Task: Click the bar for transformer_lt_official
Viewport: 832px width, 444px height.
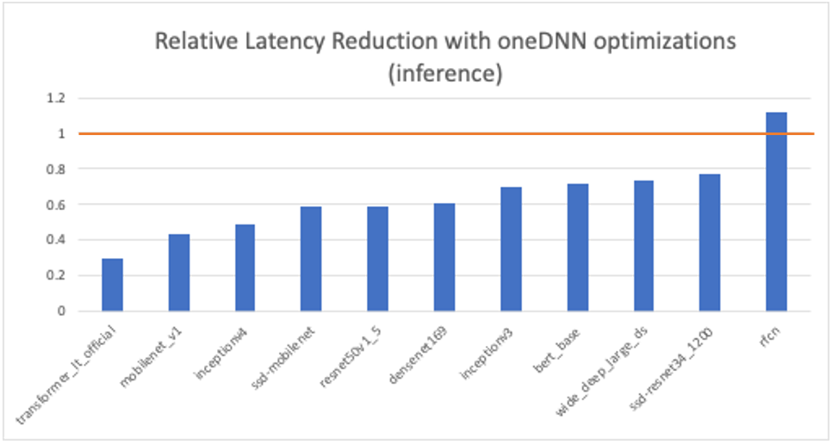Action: (112, 285)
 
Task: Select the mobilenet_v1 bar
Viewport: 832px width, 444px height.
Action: (178, 273)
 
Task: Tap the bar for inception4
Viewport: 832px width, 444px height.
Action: (245, 268)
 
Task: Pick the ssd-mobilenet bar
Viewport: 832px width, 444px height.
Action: (311, 259)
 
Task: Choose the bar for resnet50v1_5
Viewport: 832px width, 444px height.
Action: (377, 259)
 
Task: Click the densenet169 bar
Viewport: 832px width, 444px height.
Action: (444, 257)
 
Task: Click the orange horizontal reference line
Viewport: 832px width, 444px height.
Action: (431, 133)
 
